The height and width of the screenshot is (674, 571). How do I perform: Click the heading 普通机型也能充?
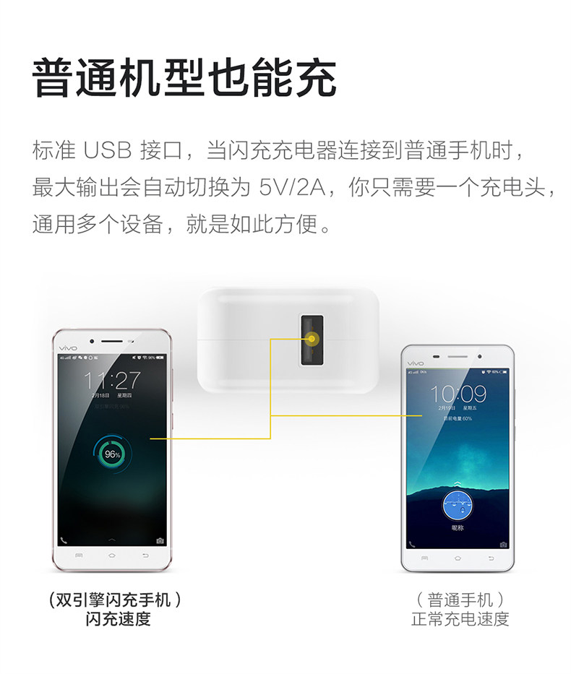(x=184, y=77)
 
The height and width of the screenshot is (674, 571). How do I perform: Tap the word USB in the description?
(x=108, y=151)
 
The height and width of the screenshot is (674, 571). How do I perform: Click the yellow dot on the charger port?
(x=312, y=338)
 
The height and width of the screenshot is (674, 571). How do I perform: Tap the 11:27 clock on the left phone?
(x=112, y=380)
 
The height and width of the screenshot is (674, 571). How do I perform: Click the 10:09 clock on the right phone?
(x=458, y=394)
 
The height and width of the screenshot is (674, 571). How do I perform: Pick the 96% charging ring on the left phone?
(x=112, y=454)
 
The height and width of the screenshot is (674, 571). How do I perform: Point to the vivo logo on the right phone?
(x=416, y=363)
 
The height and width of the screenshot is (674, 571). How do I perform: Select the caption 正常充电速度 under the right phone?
(x=460, y=619)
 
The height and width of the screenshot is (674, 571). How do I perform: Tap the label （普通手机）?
(x=460, y=600)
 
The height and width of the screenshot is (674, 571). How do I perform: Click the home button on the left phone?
(x=112, y=556)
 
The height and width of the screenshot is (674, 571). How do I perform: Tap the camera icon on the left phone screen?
(x=160, y=540)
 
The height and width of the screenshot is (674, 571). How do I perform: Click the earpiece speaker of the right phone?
(x=458, y=356)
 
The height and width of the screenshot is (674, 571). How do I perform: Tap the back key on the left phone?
(x=145, y=556)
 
